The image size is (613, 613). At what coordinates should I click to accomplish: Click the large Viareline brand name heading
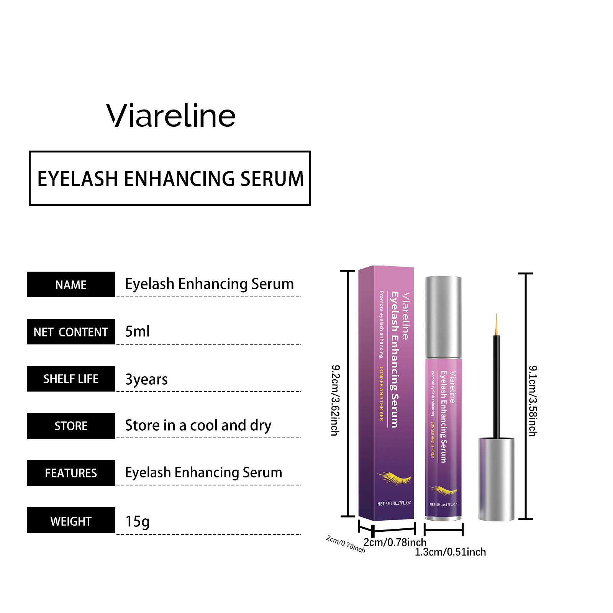[171, 116]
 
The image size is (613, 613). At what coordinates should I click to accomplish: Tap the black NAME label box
[71, 285]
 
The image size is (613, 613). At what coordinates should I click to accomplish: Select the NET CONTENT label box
[71, 332]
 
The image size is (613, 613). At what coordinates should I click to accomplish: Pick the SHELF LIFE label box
[71, 379]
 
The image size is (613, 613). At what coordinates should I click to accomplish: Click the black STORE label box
[71, 426]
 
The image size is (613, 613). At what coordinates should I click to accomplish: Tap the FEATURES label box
[71, 473]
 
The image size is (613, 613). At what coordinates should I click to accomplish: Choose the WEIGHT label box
[71, 521]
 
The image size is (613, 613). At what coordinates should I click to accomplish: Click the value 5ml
[137, 331]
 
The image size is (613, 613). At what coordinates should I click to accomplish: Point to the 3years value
[146, 379]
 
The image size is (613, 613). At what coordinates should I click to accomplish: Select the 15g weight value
[138, 521]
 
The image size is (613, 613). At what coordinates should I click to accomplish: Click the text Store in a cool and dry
[198, 426]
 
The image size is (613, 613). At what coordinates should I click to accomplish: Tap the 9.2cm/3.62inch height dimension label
[335, 400]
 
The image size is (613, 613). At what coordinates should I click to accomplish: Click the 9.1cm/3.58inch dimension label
[533, 401]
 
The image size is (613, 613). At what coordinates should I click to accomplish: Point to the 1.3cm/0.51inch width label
[450, 552]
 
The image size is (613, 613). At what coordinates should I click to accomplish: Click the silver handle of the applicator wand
[496, 479]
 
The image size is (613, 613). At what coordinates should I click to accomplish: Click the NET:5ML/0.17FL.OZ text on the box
[394, 503]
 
